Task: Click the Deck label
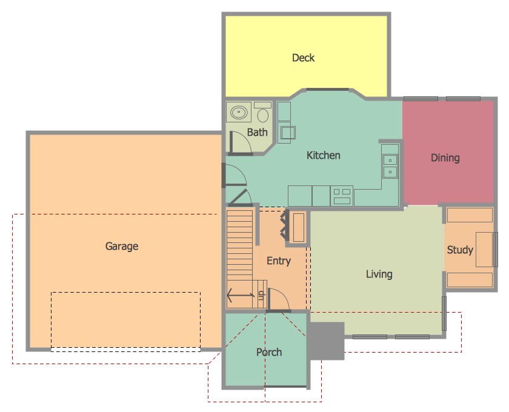pyautogui.click(x=304, y=58)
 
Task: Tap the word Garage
pyautogui.click(x=122, y=247)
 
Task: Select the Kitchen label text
pyautogui.click(x=323, y=156)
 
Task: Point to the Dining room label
pyautogui.click(x=445, y=158)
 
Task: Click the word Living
pyautogui.click(x=379, y=274)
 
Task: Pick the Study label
pyautogui.click(x=459, y=250)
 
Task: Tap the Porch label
pyautogui.click(x=268, y=352)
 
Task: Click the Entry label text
pyautogui.click(x=278, y=261)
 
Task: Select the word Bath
pyautogui.click(x=257, y=132)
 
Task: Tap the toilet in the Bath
pyautogui.click(x=263, y=114)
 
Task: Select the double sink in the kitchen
pyautogui.click(x=390, y=166)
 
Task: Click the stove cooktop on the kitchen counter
pyautogui.click(x=342, y=196)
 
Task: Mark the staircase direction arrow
pyautogui.click(x=240, y=296)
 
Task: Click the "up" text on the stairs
pyautogui.click(x=261, y=296)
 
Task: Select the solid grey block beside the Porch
pyautogui.click(x=325, y=340)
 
